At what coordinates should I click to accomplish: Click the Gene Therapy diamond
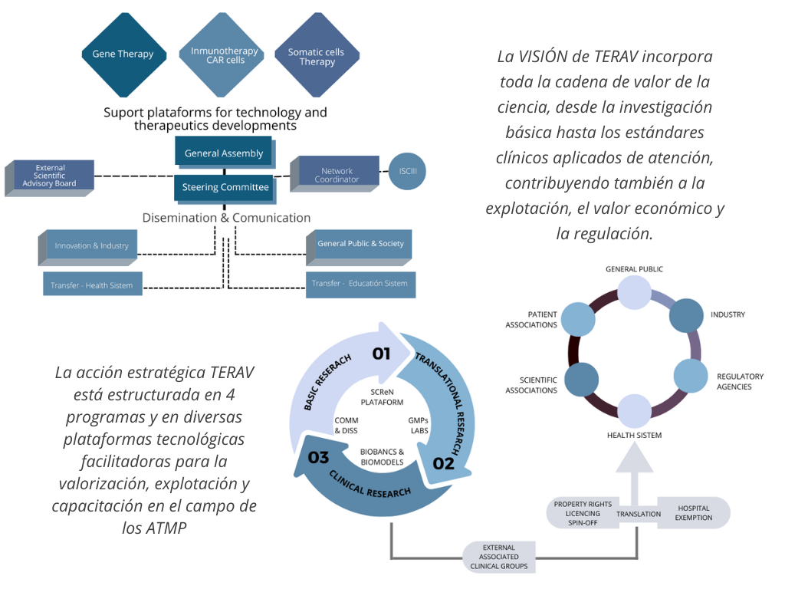(x=123, y=54)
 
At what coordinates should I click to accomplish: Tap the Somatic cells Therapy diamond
(x=317, y=57)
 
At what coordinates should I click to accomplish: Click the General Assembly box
(x=223, y=153)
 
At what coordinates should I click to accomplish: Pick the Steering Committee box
(x=225, y=186)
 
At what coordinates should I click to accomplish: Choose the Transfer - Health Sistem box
(x=92, y=285)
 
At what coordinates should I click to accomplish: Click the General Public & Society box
(x=360, y=244)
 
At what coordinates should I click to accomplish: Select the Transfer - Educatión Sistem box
(x=360, y=284)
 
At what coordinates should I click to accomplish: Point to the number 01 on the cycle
(x=381, y=354)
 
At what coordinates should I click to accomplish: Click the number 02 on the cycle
(x=443, y=462)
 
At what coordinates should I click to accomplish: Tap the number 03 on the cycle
(x=318, y=458)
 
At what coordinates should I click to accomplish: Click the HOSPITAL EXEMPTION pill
(x=694, y=512)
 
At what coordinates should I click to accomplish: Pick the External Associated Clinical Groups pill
(x=499, y=556)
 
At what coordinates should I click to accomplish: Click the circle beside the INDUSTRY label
(x=687, y=315)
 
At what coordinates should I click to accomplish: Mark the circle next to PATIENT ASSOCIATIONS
(x=579, y=319)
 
